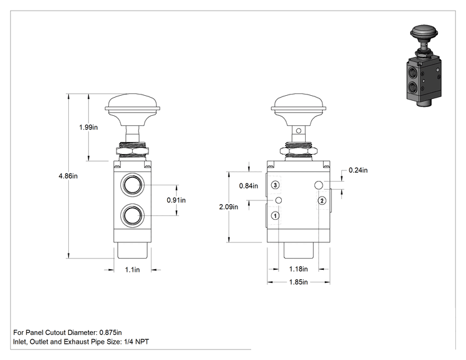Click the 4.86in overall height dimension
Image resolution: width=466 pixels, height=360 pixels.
[68, 176]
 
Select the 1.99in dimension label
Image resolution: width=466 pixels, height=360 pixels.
[88, 127]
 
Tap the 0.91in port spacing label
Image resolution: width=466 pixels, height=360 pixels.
[176, 200]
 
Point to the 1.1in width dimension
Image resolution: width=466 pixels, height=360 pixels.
[132, 270]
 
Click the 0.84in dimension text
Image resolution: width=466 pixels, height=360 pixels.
[249, 186]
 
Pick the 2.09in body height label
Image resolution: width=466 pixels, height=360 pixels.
[229, 207]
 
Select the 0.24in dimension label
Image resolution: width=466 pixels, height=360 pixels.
[358, 170]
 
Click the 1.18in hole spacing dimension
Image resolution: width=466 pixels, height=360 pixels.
[298, 269]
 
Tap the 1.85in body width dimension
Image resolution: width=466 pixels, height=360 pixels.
[298, 282]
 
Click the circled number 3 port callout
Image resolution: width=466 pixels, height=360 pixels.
[275, 185]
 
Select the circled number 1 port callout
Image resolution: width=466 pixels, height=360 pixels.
[275, 215]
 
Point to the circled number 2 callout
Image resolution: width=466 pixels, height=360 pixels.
[322, 201]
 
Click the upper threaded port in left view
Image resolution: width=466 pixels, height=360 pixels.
[132, 185]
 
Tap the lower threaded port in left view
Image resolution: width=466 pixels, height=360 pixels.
[132, 215]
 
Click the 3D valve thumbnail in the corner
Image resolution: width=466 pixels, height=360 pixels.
[423, 66]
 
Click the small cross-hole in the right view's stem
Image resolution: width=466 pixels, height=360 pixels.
[299, 131]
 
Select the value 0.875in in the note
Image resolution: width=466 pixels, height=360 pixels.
[111, 332]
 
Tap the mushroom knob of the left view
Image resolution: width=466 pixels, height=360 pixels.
[133, 110]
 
